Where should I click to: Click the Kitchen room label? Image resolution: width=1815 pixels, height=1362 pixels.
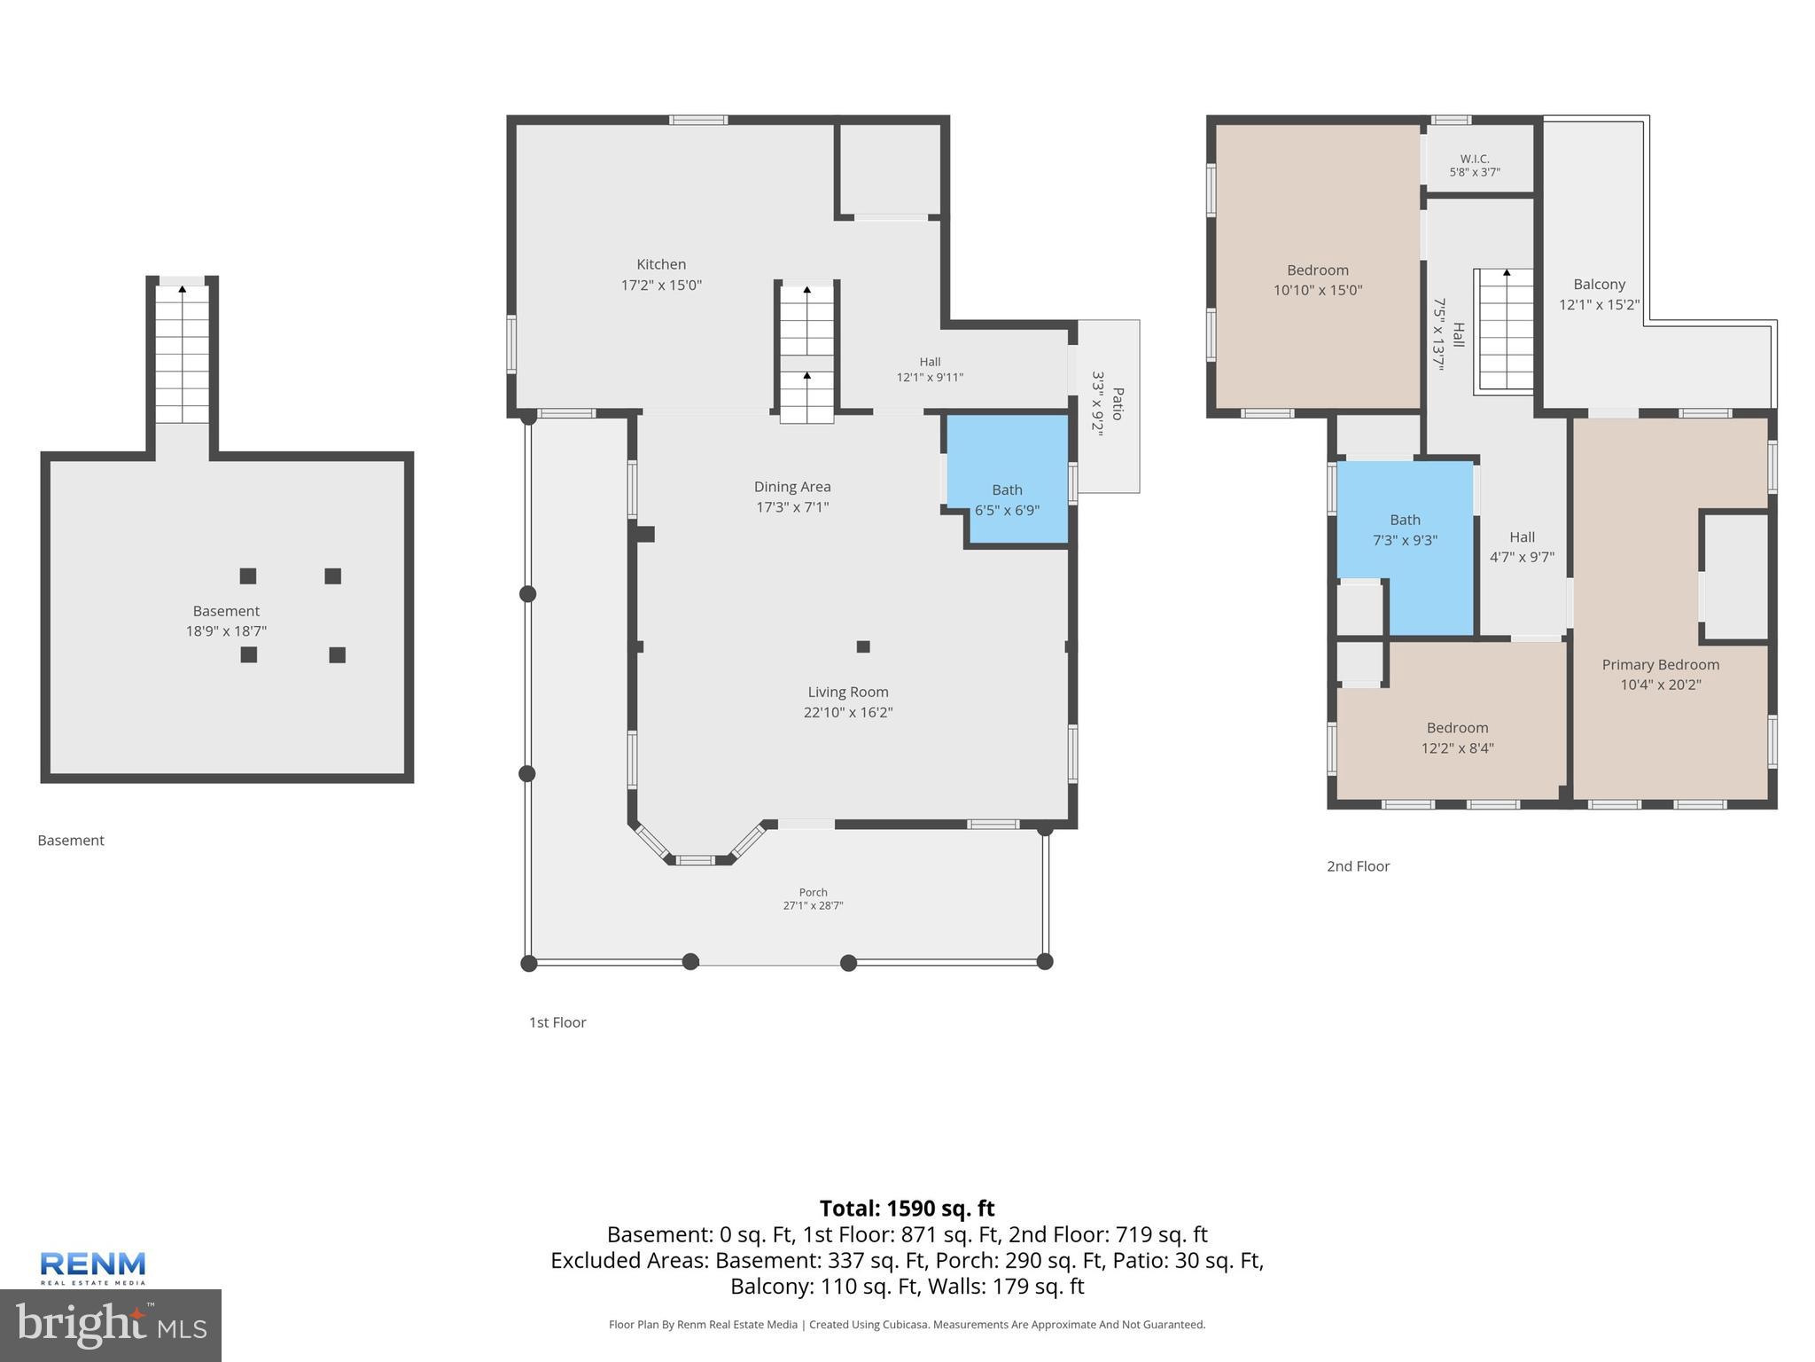[661, 264]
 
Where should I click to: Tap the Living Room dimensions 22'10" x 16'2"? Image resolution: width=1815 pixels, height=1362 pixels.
[848, 712]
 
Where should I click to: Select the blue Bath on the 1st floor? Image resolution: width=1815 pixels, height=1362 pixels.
[1008, 480]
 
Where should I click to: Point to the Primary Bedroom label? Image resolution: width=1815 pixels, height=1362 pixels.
[1661, 665]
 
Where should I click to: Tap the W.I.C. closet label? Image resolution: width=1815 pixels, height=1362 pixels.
[1475, 159]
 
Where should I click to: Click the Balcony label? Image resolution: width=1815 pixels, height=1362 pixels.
[1600, 285]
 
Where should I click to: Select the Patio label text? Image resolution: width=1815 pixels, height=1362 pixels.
[1118, 404]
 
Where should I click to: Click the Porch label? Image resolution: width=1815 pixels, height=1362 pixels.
[813, 892]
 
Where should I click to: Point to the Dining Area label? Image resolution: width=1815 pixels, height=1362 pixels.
[792, 487]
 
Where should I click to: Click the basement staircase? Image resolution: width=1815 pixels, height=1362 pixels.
[183, 353]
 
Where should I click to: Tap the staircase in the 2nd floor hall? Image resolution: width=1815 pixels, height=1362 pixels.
[1504, 330]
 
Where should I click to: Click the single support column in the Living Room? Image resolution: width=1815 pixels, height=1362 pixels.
[863, 646]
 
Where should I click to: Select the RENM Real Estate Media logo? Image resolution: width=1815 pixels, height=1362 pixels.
[93, 1268]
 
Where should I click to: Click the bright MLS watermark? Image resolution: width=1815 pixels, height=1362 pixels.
[111, 1325]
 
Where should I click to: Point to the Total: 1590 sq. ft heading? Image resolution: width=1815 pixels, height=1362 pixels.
[907, 1209]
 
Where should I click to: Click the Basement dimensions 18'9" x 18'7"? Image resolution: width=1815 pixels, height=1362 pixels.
[226, 631]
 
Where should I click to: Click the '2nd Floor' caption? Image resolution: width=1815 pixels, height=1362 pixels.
[1358, 866]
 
